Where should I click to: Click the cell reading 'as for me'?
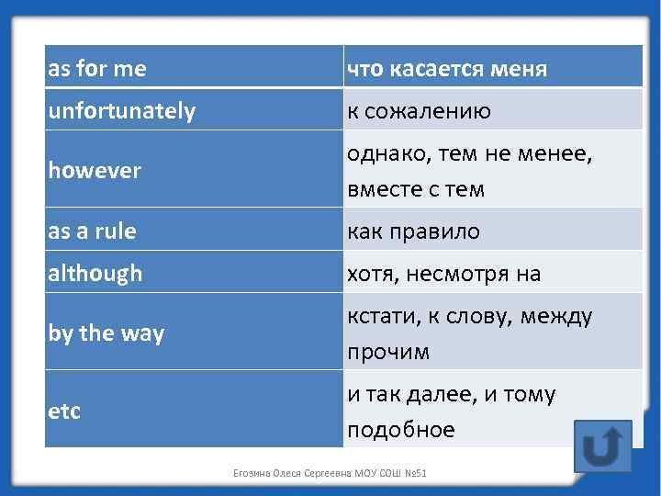click(x=97, y=69)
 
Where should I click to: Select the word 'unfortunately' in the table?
click(x=121, y=111)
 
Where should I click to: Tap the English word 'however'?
click(x=95, y=171)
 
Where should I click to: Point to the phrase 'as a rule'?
click(x=92, y=231)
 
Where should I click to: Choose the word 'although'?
click(x=95, y=273)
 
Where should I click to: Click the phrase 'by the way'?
click(x=106, y=333)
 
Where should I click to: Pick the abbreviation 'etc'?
click(x=64, y=411)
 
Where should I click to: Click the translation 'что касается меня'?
click(x=446, y=69)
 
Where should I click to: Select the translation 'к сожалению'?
click(x=419, y=111)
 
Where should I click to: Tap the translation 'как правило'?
click(x=413, y=231)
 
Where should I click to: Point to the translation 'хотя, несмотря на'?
click(x=443, y=273)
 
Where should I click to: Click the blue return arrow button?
click(x=602, y=446)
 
